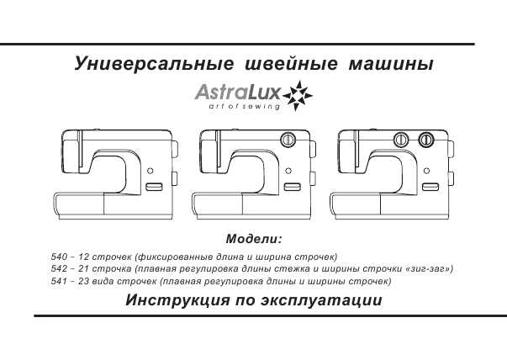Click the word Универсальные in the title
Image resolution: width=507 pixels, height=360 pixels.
[x=154, y=64]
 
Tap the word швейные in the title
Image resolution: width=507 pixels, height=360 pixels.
[x=291, y=64]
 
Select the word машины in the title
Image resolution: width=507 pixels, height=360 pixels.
[x=391, y=64]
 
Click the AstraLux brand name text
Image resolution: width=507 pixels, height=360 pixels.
[x=238, y=93]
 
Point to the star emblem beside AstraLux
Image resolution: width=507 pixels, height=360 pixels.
[x=298, y=96]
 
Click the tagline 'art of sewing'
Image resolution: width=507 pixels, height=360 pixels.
[x=245, y=107]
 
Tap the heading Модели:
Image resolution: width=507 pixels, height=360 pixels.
[x=254, y=239]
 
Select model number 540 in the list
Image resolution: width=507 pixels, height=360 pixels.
[x=60, y=257]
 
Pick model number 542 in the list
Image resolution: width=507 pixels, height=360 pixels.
[x=60, y=269]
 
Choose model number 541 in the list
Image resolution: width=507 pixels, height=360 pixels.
[x=60, y=281]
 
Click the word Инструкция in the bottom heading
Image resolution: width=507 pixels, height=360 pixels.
[x=178, y=300]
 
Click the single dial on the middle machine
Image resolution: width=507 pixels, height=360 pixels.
[x=288, y=140]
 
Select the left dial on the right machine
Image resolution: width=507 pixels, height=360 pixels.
[x=401, y=140]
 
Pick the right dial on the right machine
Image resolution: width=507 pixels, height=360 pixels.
[x=425, y=140]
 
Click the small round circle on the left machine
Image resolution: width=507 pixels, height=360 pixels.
[x=150, y=171]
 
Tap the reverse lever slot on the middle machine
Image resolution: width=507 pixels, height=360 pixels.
[x=293, y=187]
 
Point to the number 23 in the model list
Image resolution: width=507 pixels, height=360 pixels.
[x=84, y=281]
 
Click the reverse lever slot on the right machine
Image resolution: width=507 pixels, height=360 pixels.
[x=430, y=187]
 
